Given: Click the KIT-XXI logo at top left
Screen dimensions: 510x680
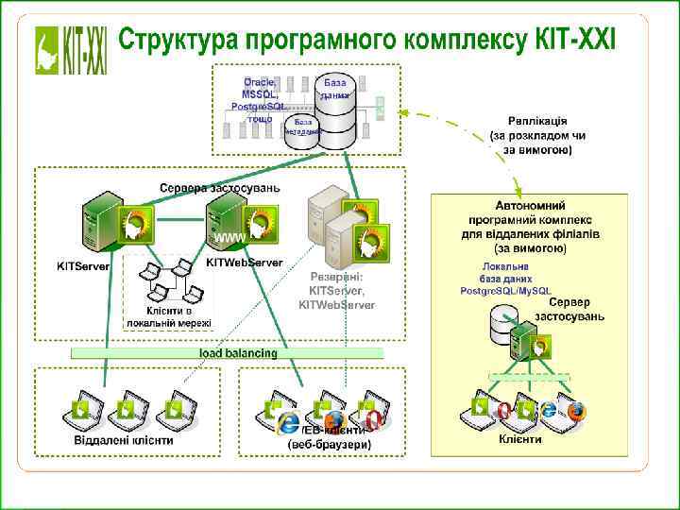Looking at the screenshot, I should click(71, 49).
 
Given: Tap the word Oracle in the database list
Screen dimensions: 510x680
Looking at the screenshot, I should click(259, 82).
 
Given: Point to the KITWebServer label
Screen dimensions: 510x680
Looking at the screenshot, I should click(244, 262).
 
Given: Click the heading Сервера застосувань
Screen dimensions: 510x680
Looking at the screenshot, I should click(220, 187).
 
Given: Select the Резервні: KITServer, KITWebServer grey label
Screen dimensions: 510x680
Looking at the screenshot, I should click(337, 291).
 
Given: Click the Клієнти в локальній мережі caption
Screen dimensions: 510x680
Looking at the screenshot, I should click(169, 316).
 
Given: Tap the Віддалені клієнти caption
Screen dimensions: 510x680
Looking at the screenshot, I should click(124, 440).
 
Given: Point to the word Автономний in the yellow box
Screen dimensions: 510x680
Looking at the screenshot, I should click(530, 203).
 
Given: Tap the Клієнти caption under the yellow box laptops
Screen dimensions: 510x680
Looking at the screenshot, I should click(520, 439).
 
